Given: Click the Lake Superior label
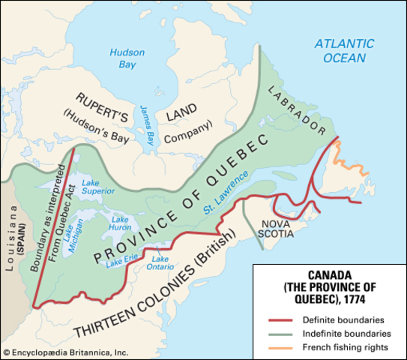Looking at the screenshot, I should [91, 188].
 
